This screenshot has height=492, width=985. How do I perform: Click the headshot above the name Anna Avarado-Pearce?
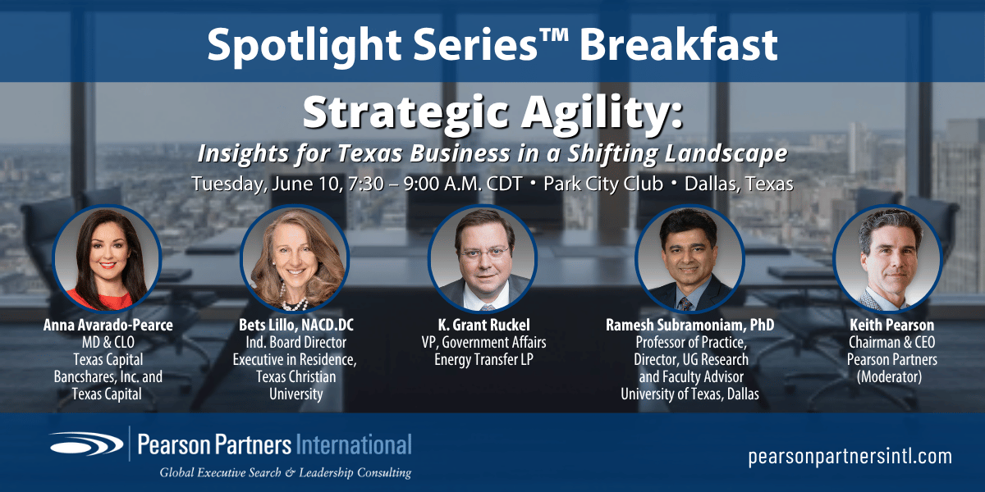(107, 258)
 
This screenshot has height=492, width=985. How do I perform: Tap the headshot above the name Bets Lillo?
(295, 258)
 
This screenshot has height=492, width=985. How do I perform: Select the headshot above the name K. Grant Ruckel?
(483, 258)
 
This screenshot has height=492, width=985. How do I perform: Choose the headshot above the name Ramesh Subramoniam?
(689, 258)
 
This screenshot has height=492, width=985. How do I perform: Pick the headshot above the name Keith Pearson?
(886, 258)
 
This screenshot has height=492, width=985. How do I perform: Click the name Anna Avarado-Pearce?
(108, 326)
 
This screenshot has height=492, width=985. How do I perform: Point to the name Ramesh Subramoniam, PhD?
(689, 326)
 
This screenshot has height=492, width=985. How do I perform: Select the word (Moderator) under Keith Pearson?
(889, 376)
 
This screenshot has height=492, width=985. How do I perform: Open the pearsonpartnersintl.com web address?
(850, 457)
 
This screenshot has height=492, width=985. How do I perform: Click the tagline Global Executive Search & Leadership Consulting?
(285, 472)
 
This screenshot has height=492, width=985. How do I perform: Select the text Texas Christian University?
(295, 385)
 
